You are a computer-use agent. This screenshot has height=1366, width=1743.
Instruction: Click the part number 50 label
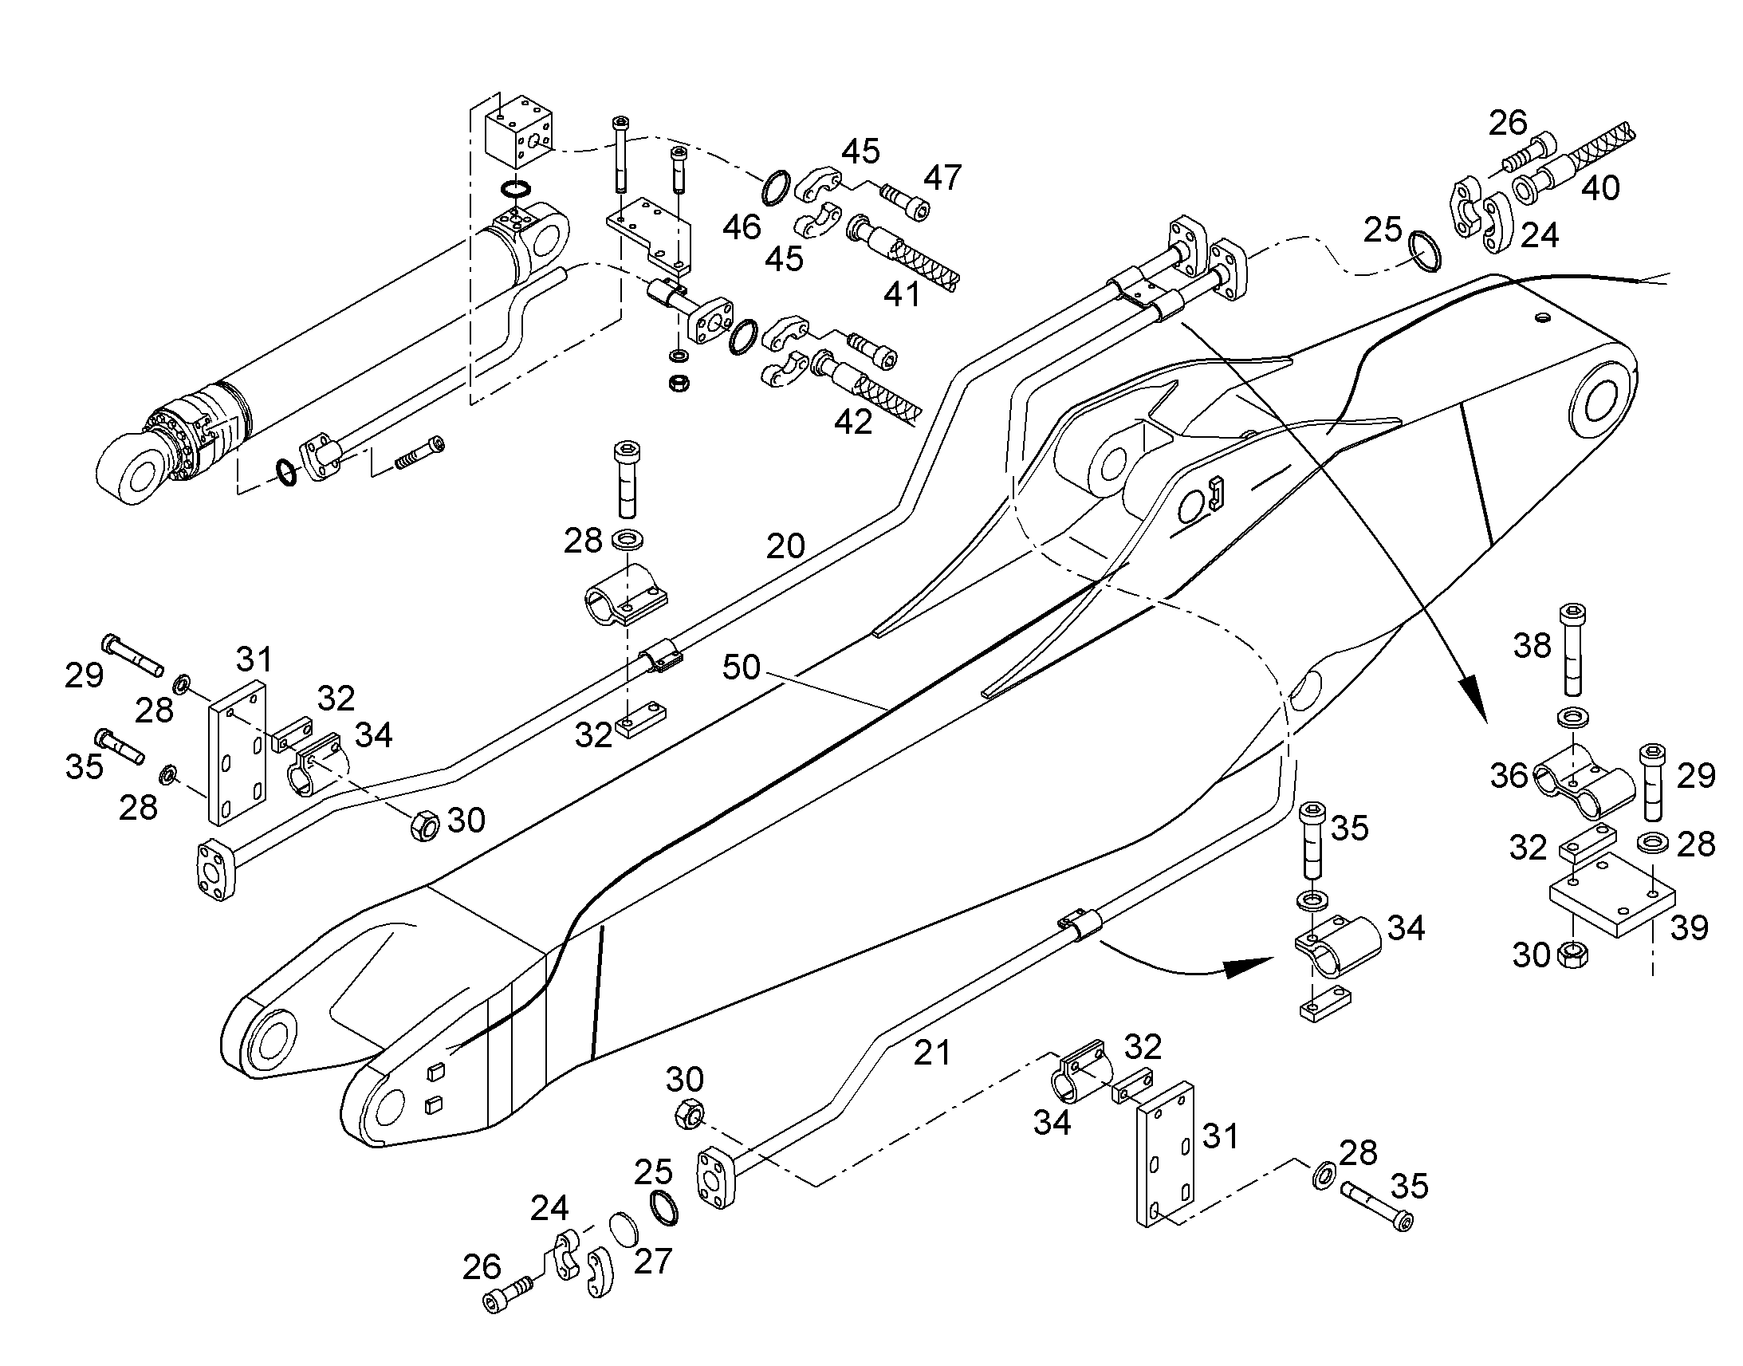tap(742, 667)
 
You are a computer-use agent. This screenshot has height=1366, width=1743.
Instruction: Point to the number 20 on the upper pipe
tap(785, 547)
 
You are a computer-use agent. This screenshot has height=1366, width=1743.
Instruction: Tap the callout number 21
tap(932, 1053)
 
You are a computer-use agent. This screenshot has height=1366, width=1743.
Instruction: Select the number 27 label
tap(653, 1262)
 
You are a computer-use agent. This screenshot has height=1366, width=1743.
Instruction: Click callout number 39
tap(1689, 927)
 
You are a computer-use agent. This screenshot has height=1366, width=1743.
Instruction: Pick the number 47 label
tap(942, 178)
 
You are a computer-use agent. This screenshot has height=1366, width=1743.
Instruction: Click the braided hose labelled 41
tap(903, 250)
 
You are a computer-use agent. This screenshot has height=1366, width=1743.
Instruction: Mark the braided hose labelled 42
tap(867, 387)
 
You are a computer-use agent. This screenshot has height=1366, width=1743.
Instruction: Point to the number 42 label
tap(853, 422)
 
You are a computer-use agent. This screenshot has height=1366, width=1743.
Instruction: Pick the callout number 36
tap(1509, 776)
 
